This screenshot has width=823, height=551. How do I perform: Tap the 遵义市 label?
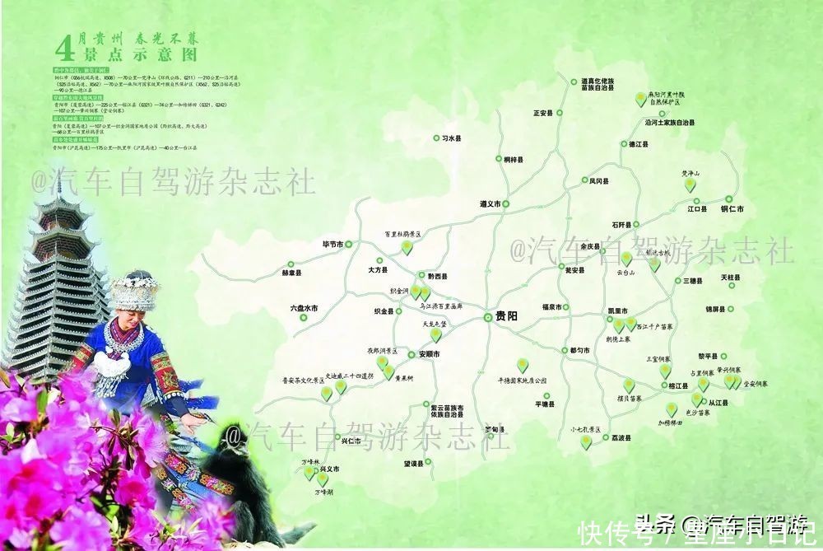[490, 203]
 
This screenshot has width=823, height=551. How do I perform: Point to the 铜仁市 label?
[731, 209]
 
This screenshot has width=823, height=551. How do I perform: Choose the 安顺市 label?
[429, 354]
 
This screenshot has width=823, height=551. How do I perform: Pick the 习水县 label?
[449, 139]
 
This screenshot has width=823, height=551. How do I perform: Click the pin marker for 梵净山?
[690, 184]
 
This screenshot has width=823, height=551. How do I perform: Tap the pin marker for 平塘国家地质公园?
[523, 364]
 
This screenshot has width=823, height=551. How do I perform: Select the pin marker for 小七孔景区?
[586, 441]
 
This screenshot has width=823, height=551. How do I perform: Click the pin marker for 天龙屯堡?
[435, 334]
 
